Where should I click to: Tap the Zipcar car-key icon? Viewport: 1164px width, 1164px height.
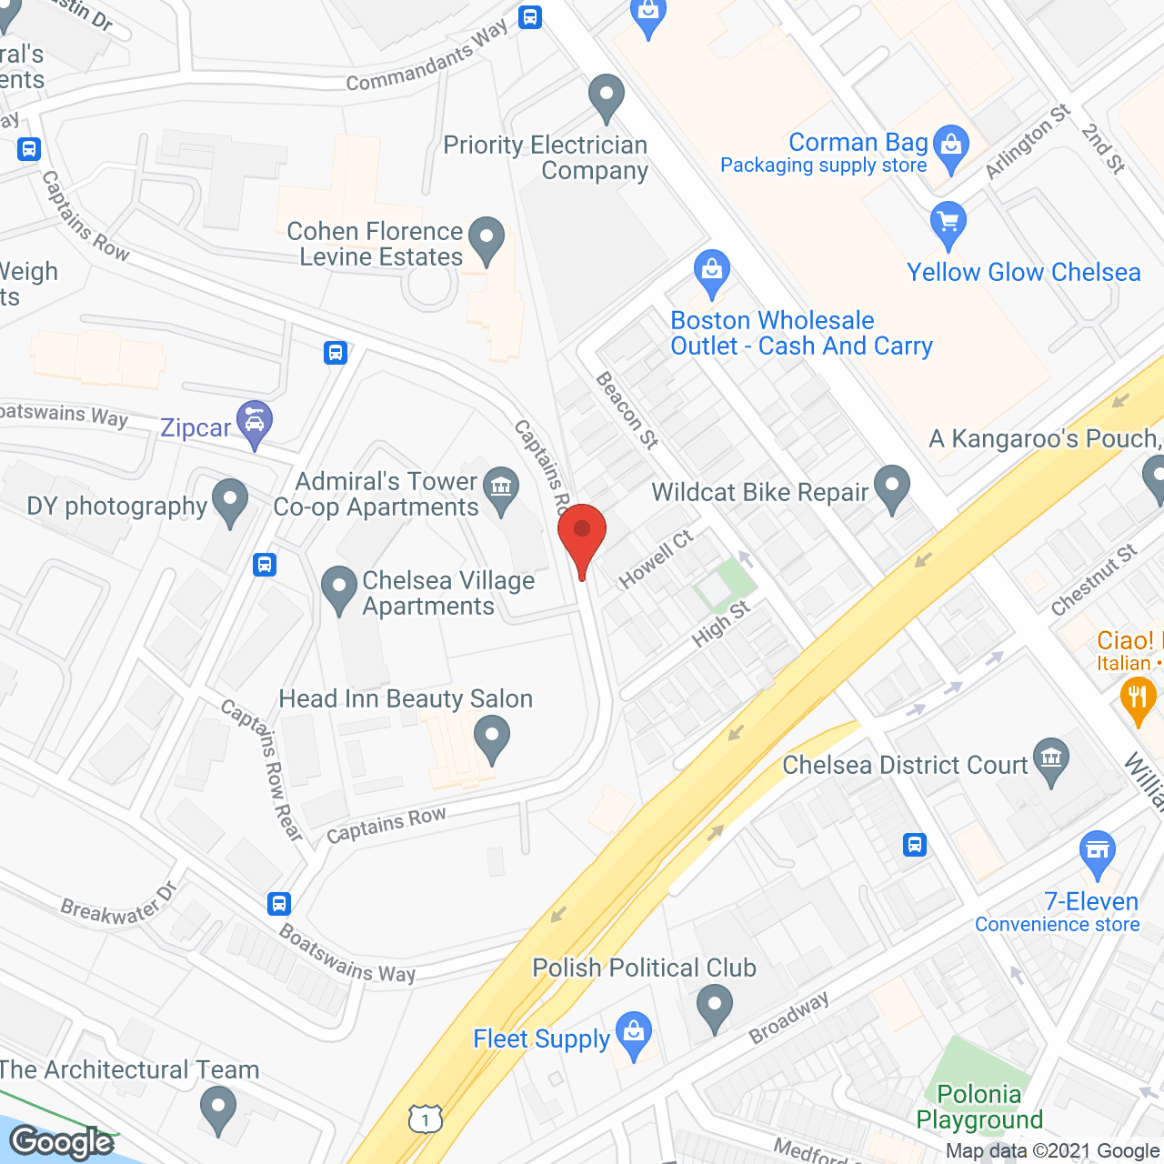click(255, 422)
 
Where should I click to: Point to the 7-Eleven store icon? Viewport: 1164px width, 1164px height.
click(1098, 852)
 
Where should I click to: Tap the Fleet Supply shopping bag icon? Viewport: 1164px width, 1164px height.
click(634, 1034)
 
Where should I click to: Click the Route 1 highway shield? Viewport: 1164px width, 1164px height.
click(425, 1118)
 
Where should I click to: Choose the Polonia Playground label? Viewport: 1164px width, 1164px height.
click(979, 1107)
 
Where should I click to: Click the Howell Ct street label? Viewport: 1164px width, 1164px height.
click(656, 558)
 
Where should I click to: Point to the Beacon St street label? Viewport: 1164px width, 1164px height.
click(627, 410)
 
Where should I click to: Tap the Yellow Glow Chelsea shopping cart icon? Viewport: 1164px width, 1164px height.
click(948, 223)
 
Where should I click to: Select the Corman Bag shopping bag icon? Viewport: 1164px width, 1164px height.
click(951, 146)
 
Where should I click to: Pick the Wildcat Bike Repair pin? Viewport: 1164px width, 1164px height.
click(891, 487)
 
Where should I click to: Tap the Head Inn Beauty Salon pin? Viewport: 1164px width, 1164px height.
click(492, 738)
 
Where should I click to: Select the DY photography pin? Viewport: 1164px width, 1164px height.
click(230, 500)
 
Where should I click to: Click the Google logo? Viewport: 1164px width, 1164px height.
click(62, 1142)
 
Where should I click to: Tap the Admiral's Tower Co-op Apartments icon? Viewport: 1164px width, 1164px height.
click(500, 488)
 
